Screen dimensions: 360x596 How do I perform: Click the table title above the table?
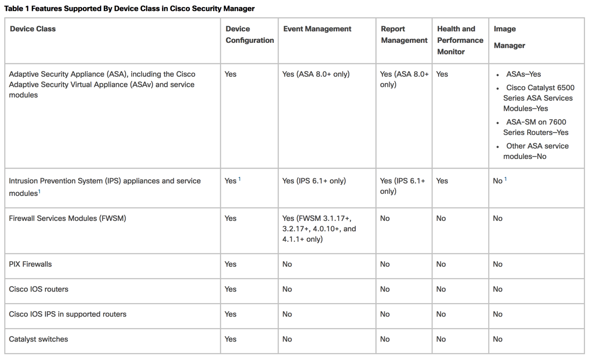click(x=130, y=8)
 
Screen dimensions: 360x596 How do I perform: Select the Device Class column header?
click(x=33, y=29)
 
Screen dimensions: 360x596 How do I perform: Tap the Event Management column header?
click(x=317, y=29)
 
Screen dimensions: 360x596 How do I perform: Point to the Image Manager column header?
click(x=509, y=37)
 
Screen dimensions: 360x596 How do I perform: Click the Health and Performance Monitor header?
click(x=460, y=40)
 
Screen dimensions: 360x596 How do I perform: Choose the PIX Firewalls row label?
click(x=30, y=264)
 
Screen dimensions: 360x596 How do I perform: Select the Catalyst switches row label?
click(x=38, y=339)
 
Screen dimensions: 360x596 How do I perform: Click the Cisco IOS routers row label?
click(x=38, y=289)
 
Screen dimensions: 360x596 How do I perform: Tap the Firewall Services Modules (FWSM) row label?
click(x=67, y=218)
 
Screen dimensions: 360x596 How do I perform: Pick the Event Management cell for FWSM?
click(x=319, y=228)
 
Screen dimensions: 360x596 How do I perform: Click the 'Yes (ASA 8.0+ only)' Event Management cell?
click(x=316, y=74)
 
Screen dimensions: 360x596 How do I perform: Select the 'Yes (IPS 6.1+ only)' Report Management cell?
click(x=403, y=186)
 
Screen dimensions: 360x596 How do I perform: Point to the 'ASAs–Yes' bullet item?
click(x=523, y=74)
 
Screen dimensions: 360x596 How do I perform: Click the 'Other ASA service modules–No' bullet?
click(x=537, y=151)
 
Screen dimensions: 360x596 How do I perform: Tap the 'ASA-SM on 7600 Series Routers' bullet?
click(x=535, y=127)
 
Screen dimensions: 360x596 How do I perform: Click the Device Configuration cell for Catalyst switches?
click(x=230, y=339)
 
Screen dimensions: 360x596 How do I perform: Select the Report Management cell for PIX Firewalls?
click(x=385, y=264)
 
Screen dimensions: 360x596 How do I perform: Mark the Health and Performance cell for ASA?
click(x=442, y=74)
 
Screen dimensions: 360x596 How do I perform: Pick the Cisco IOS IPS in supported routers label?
click(x=68, y=314)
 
